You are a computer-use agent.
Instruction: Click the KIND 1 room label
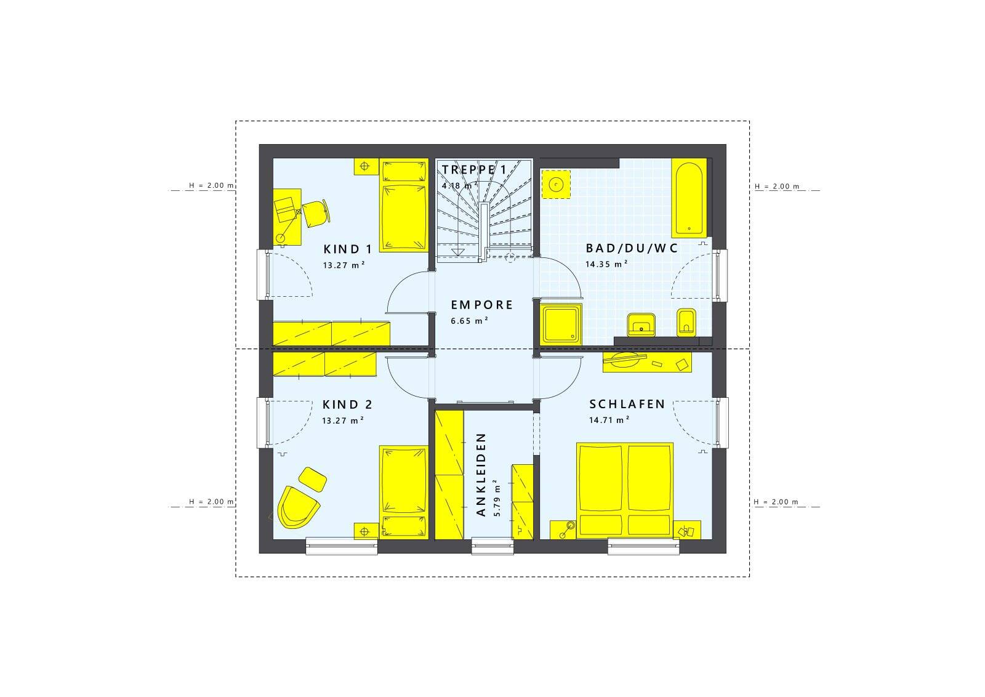[347, 249]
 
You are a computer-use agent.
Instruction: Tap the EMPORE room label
[482, 305]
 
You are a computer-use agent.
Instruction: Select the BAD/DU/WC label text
[632, 248]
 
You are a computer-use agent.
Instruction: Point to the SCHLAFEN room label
[627, 404]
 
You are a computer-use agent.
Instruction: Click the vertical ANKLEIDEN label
[481, 475]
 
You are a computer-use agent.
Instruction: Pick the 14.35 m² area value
[606, 264]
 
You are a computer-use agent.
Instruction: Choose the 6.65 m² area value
[470, 321]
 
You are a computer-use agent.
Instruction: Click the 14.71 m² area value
[609, 419]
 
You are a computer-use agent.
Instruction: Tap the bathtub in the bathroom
[689, 198]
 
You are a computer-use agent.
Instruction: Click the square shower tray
[561, 324]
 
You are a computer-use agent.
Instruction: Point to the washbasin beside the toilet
[641, 324]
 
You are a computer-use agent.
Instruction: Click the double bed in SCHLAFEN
[625, 490]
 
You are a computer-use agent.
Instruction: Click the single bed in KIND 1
[404, 205]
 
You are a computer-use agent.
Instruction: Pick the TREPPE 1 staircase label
[473, 169]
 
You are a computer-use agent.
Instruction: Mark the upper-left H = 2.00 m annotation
[212, 185]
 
